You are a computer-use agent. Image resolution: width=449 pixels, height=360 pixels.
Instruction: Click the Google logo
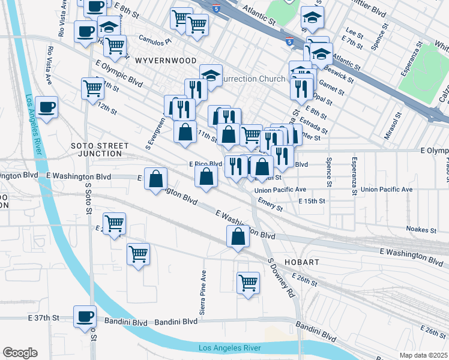click(20, 353)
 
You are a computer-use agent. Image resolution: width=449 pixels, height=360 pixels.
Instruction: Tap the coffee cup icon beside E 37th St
click(85, 316)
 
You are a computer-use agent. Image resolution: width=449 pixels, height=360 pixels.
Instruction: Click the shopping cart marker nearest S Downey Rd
click(248, 282)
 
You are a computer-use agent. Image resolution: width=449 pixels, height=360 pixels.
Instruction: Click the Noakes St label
click(420, 230)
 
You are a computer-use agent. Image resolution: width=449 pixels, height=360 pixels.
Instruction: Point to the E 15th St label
click(312, 200)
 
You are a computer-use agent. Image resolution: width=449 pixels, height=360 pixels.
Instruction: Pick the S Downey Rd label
click(282, 279)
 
